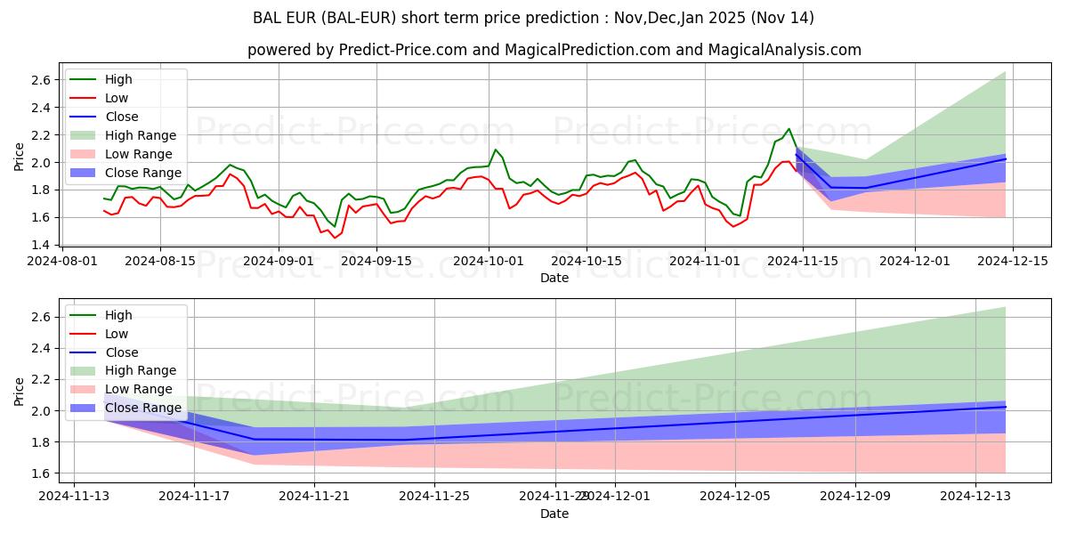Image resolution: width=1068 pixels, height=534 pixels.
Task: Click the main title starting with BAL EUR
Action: tap(534, 18)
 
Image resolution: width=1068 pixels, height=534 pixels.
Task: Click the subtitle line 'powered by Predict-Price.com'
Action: tap(554, 50)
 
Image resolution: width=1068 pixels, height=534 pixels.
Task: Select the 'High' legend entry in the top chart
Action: tap(118, 79)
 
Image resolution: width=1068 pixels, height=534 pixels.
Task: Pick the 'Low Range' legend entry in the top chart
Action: tap(140, 154)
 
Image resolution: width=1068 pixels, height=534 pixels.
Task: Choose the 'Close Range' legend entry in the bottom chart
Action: tap(143, 408)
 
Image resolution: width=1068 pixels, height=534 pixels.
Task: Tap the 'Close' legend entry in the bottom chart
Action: tap(122, 352)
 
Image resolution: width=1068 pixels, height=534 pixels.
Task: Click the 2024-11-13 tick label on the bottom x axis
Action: tap(74, 497)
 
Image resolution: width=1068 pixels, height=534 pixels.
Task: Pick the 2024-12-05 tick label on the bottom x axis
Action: tap(735, 497)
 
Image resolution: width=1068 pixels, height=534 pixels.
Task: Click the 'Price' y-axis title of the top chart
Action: tap(20, 157)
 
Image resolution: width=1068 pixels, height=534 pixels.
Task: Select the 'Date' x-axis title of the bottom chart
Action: tap(554, 514)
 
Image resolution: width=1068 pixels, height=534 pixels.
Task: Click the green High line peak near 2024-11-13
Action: tap(789, 128)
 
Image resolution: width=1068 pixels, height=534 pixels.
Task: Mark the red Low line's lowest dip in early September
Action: tap(335, 238)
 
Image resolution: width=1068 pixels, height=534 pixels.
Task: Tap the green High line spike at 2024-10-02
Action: tap(496, 150)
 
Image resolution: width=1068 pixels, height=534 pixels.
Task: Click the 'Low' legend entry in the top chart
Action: tap(117, 98)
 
